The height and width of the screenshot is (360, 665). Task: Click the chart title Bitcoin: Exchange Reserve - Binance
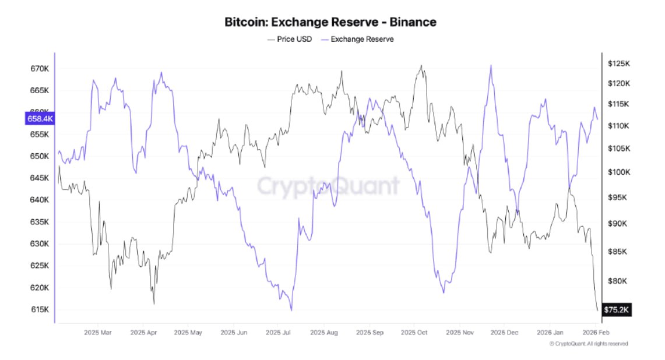pos(330,22)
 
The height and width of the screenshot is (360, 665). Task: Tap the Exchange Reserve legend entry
pos(363,39)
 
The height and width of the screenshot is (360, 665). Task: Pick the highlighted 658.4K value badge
pos(40,119)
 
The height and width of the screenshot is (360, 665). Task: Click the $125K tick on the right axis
pos(619,63)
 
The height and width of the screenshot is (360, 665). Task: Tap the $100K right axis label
pos(619,172)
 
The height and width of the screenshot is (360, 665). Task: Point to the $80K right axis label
pos(618,281)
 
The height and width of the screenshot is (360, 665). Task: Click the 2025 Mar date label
pos(97,333)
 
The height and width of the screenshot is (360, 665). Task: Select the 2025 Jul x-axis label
pos(278,333)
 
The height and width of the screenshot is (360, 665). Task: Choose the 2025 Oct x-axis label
pos(414,333)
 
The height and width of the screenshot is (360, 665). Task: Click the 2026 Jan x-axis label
pos(550,333)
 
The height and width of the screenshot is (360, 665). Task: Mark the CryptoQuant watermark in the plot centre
pos(329,186)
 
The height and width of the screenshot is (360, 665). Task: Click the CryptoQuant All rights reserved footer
pos(589,344)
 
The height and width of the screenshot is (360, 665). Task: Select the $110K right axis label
pos(619,126)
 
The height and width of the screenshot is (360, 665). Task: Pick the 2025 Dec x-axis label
pos(505,333)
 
